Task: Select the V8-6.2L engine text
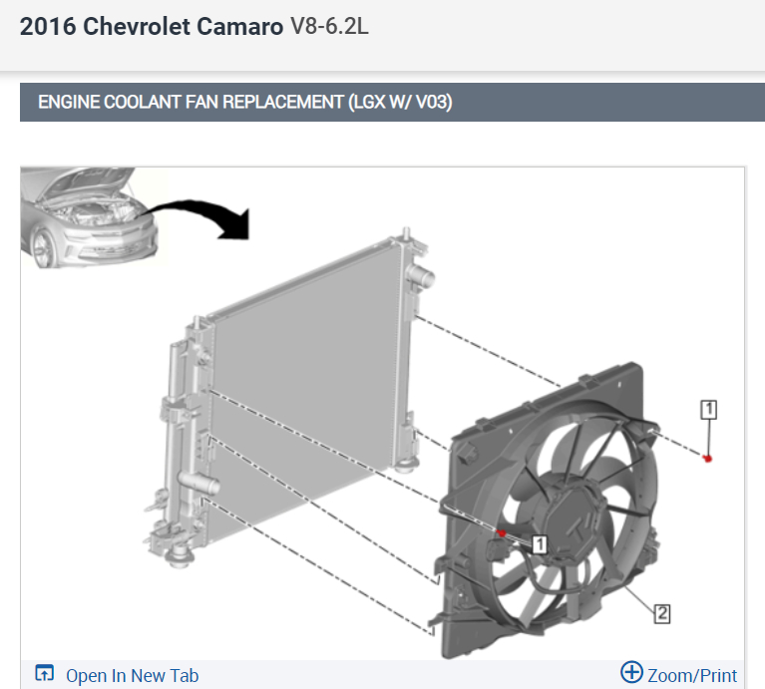[x=329, y=26]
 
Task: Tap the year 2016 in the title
[x=48, y=26]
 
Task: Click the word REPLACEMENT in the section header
[x=283, y=102]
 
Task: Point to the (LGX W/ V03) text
[x=401, y=102]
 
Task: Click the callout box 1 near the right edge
[x=708, y=410]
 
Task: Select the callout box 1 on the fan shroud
[x=540, y=544]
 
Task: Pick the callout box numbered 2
[x=662, y=613]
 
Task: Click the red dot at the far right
[x=707, y=459]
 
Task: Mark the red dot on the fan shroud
[x=501, y=533]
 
